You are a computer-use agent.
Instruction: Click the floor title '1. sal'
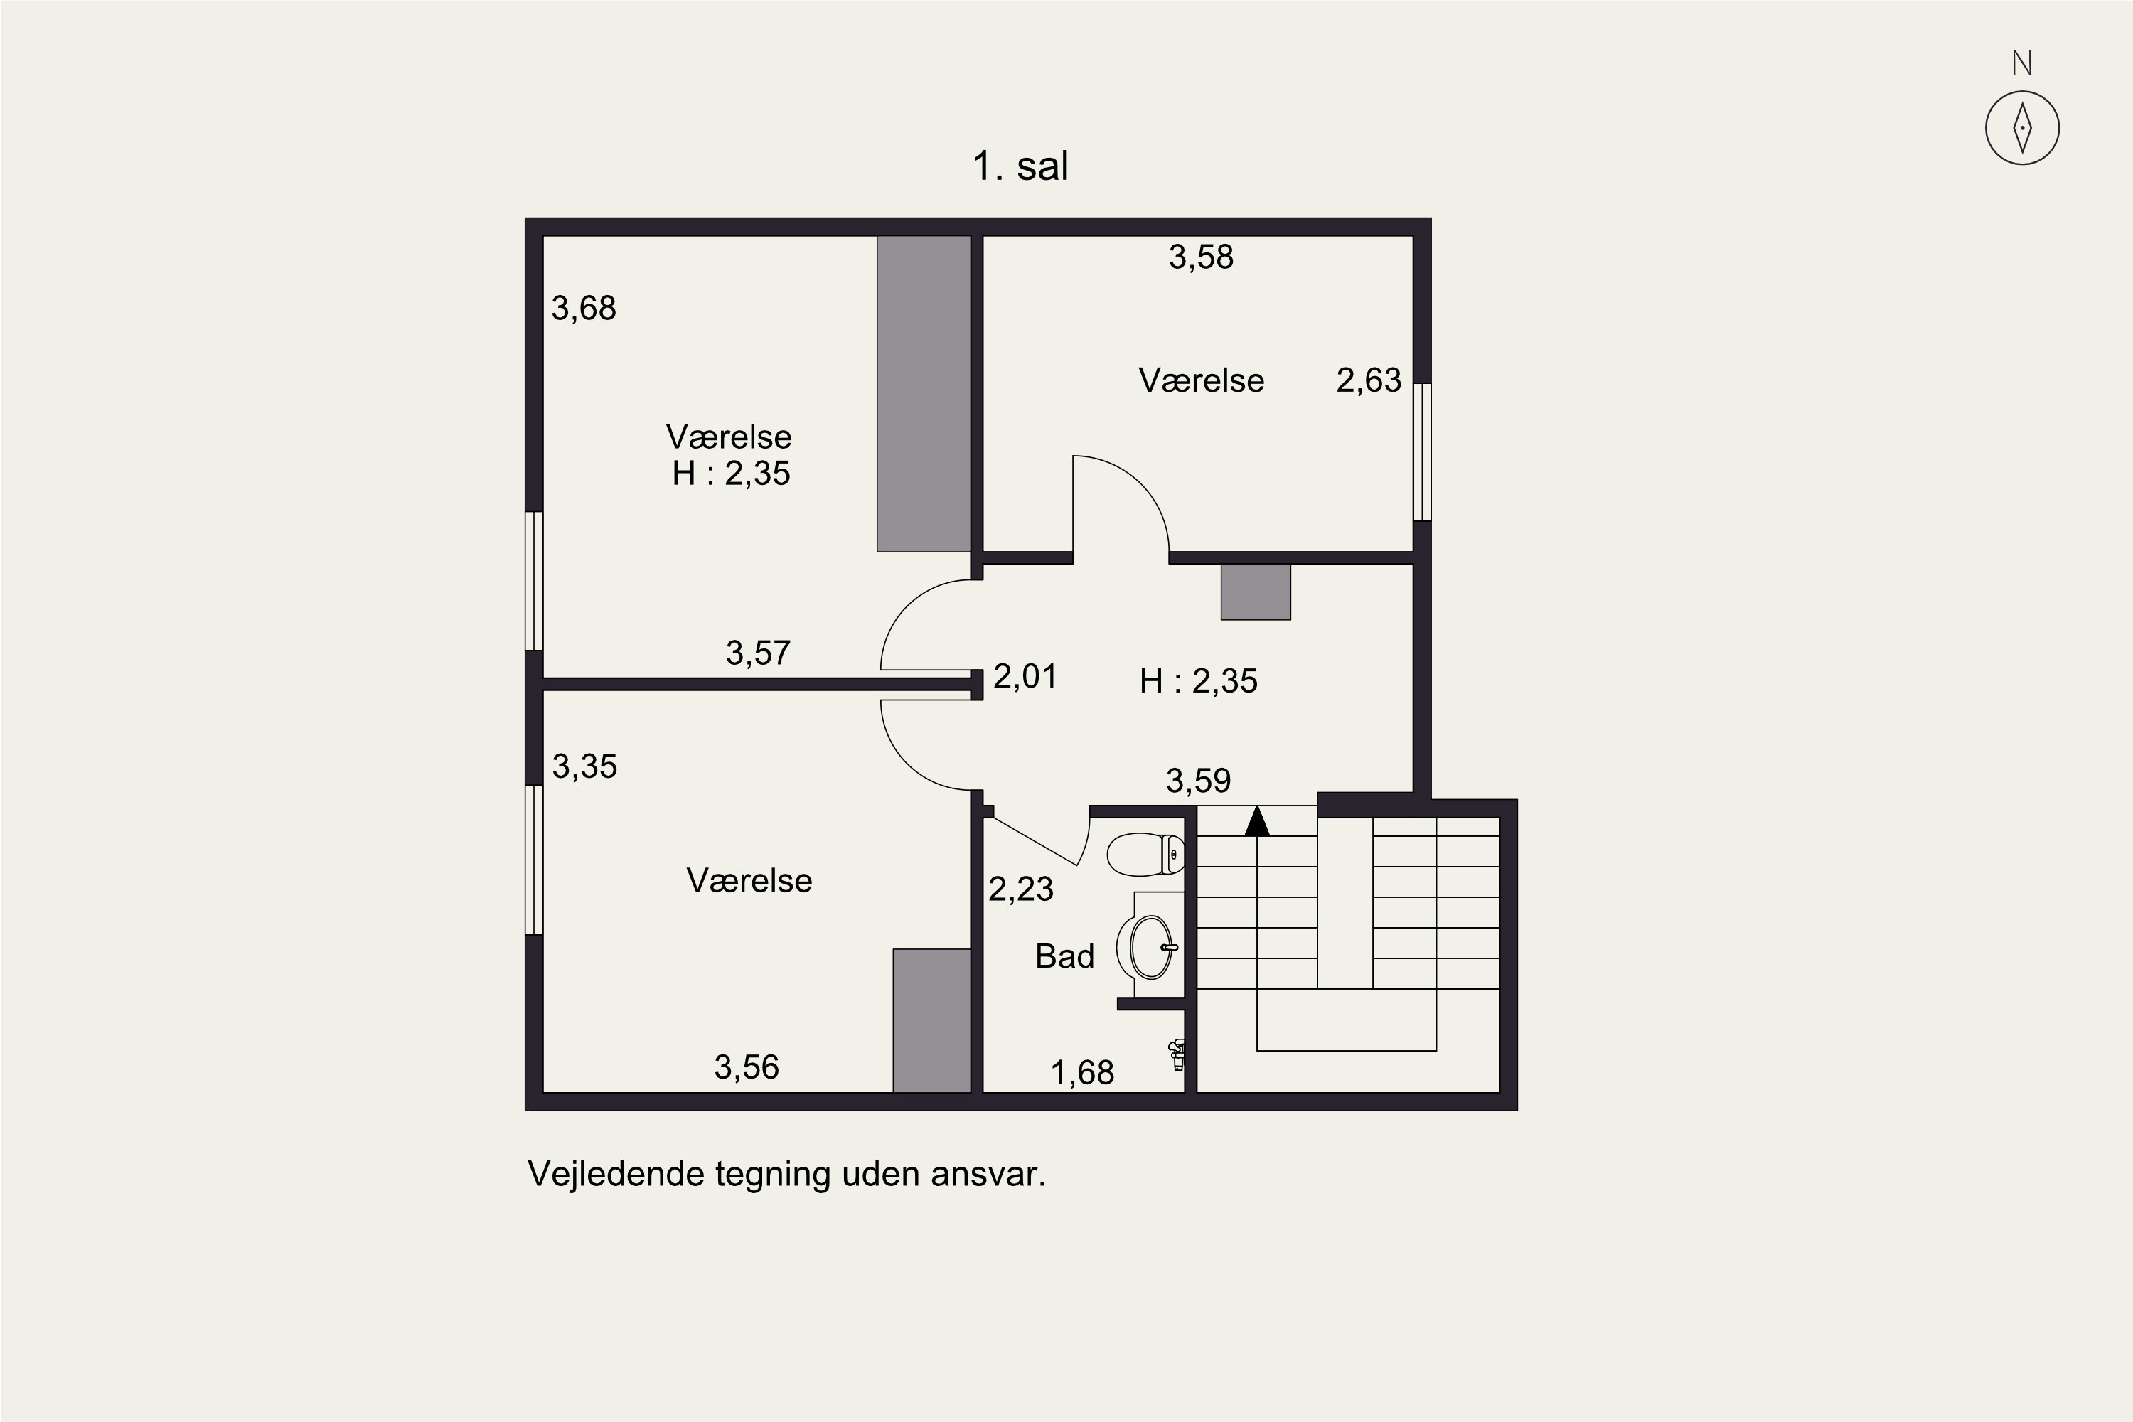pos(1020,166)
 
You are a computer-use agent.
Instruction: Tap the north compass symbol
pos(2021,127)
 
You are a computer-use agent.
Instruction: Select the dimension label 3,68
pos(584,309)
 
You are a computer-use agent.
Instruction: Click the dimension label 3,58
pos(1201,257)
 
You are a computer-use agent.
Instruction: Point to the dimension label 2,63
pos(1369,380)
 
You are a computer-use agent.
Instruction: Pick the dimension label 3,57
pos(758,653)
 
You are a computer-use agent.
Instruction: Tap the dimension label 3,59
pos(1198,781)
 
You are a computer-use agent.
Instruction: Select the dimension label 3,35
pos(585,766)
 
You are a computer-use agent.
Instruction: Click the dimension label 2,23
pos(1021,889)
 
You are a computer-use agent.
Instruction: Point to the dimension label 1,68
pos(1082,1074)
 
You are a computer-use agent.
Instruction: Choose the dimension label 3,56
pos(747,1067)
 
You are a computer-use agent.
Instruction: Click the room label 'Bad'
pos(1064,956)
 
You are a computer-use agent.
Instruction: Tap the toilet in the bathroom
pos(1145,855)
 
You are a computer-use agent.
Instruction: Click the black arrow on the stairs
pos(1257,822)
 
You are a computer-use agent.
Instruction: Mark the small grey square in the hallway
pos(1255,592)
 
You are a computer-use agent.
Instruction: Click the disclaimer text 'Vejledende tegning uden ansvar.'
pos(786,1174)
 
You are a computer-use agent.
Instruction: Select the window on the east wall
pos(1422,451)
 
